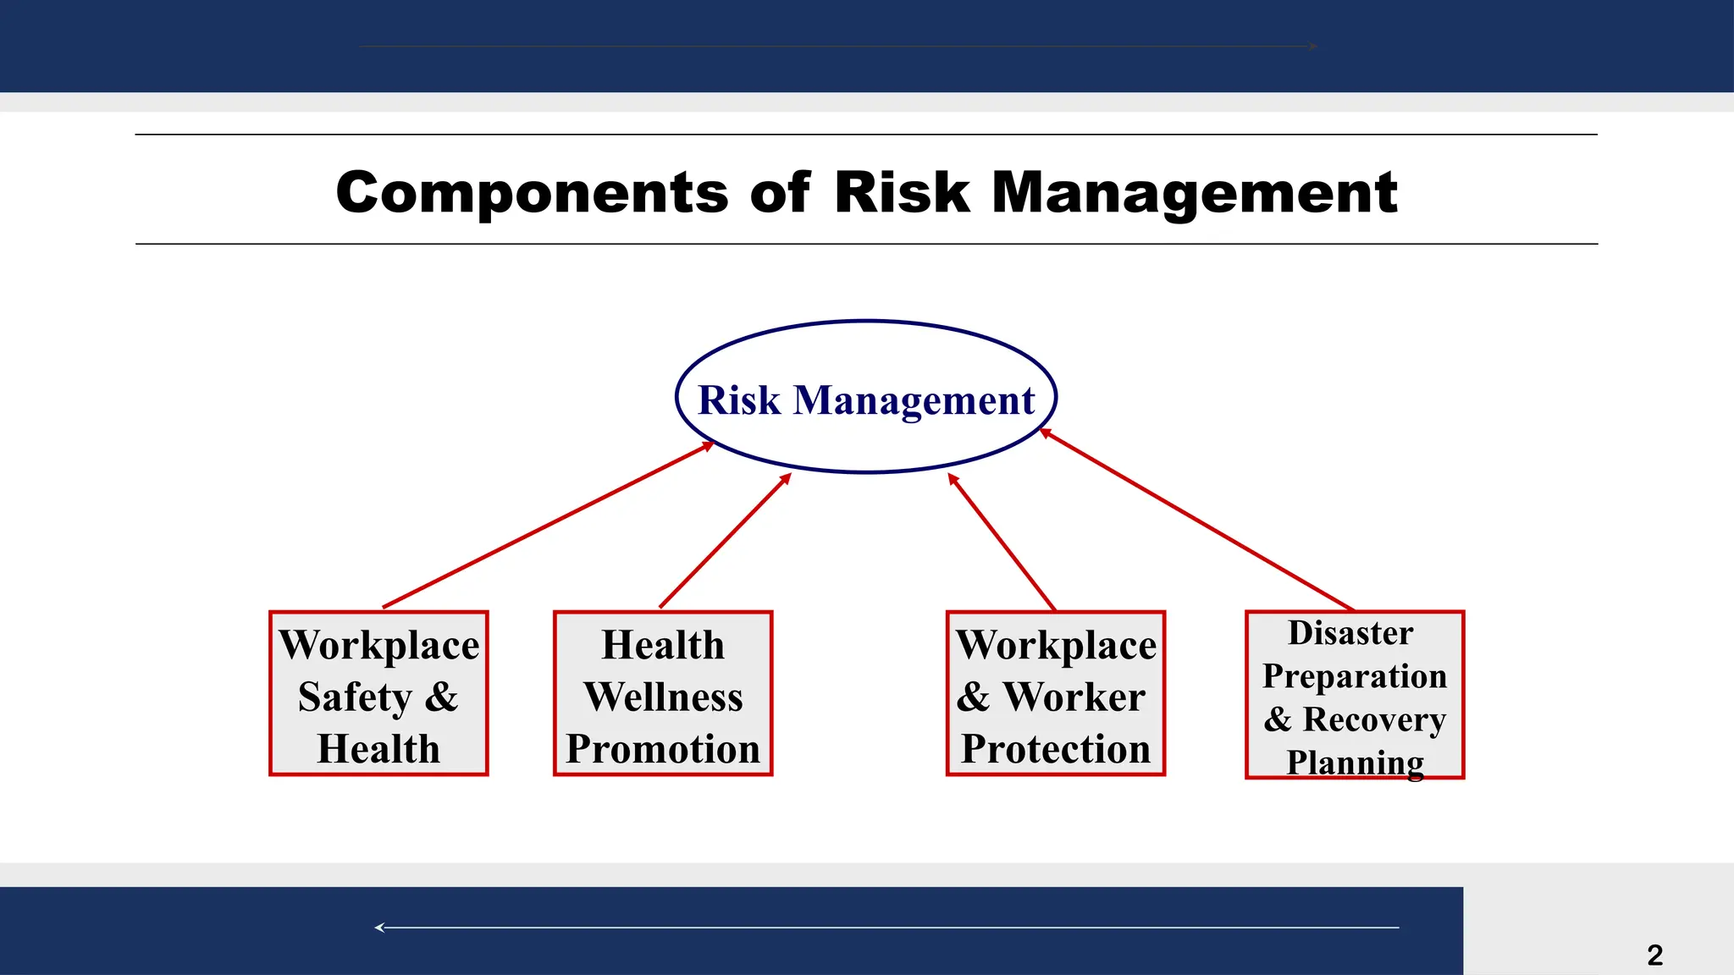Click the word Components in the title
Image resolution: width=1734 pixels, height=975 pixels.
(532, 193)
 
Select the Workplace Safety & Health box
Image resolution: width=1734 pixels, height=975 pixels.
(378, 693)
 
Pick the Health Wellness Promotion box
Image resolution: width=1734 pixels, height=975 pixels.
(663, 693)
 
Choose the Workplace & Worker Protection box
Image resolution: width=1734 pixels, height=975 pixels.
(1056, 693)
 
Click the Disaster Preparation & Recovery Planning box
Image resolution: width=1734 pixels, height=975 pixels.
(1355, 694)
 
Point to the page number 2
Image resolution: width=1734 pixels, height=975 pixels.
(1654, 955)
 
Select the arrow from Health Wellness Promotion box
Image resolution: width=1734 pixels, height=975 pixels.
(725, 541)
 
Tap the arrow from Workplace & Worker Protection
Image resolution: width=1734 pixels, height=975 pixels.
(1002, 541)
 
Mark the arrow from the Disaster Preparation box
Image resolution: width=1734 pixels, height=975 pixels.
(1196, 519)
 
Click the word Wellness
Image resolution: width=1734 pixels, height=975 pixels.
(663, 697)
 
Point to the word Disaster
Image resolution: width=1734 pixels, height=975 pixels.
(1350, 633)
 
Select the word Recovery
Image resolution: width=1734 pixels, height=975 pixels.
(1373, 719)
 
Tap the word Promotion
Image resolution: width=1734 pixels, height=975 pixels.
(663, 749)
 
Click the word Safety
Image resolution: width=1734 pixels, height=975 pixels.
(355, 697)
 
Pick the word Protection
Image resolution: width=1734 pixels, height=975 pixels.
(1056, 749)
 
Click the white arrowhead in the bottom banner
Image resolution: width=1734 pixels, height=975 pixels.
(379, 928)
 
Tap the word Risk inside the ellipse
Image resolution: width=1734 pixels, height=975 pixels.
(738, 399)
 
